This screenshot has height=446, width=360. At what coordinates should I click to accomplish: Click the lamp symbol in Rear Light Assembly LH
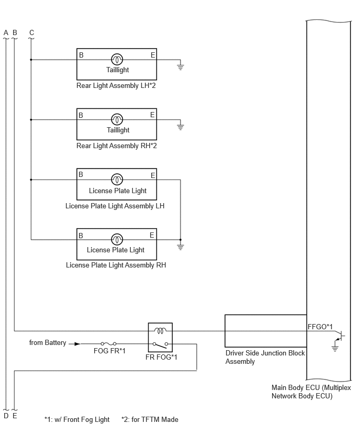click(117, 60)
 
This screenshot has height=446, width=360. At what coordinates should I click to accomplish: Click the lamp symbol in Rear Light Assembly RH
click(117, 119)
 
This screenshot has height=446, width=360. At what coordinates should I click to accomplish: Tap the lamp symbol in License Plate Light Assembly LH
click(117, 180)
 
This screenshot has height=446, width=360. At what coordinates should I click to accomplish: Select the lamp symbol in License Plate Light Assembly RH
click(117, 240)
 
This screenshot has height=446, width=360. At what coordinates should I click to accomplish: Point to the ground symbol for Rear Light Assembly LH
click(181, 67)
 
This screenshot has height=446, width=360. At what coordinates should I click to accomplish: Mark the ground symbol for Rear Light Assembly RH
click(181, 127)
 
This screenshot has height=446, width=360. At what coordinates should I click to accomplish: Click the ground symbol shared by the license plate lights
click(181, 247)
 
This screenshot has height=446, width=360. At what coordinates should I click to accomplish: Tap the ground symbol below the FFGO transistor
click(335, 349)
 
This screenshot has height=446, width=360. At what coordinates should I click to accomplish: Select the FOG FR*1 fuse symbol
click(108, 344)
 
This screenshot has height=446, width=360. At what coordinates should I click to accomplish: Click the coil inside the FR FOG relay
click(160, 330)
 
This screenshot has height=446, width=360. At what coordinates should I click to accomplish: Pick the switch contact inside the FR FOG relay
click(161, 345)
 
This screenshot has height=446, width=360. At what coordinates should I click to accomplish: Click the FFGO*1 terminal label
click(320, 327)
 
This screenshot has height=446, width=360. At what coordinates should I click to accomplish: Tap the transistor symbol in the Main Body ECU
click(340, 336)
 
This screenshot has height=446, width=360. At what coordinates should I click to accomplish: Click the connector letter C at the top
click(31, 32)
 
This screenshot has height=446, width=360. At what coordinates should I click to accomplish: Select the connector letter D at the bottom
click(6, 416)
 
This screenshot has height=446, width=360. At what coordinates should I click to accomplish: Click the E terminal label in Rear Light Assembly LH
click(153, 55)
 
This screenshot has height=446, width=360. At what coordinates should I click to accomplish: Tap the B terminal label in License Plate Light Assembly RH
click(81, 236)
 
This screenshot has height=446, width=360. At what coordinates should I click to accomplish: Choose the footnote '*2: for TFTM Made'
click(150, 419)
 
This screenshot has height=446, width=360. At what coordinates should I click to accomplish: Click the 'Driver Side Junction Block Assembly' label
click(265, 357)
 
